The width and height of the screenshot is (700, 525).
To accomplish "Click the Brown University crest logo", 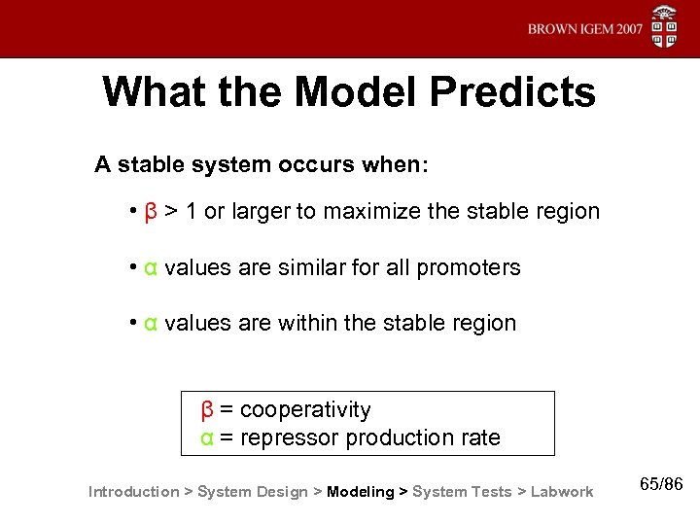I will click(664, 27).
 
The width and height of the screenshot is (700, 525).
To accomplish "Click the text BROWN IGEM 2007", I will click(585, 30).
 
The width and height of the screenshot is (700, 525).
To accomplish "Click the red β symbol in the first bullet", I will click(151, 211).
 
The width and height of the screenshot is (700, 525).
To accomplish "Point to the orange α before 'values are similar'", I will click(151, 267).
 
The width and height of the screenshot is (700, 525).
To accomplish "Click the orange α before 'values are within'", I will click(151, 323).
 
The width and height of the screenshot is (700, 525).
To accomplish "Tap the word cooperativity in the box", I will click(305, 409).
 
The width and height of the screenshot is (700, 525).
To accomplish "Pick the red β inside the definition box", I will click(207, 409).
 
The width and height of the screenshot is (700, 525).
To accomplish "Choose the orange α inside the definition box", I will click(207, 437).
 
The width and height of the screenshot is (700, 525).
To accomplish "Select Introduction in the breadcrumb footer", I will click(133, 492).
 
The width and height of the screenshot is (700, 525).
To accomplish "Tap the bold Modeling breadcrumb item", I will click(361, 492).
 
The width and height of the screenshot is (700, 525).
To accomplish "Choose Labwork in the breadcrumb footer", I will click(562, 492).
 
